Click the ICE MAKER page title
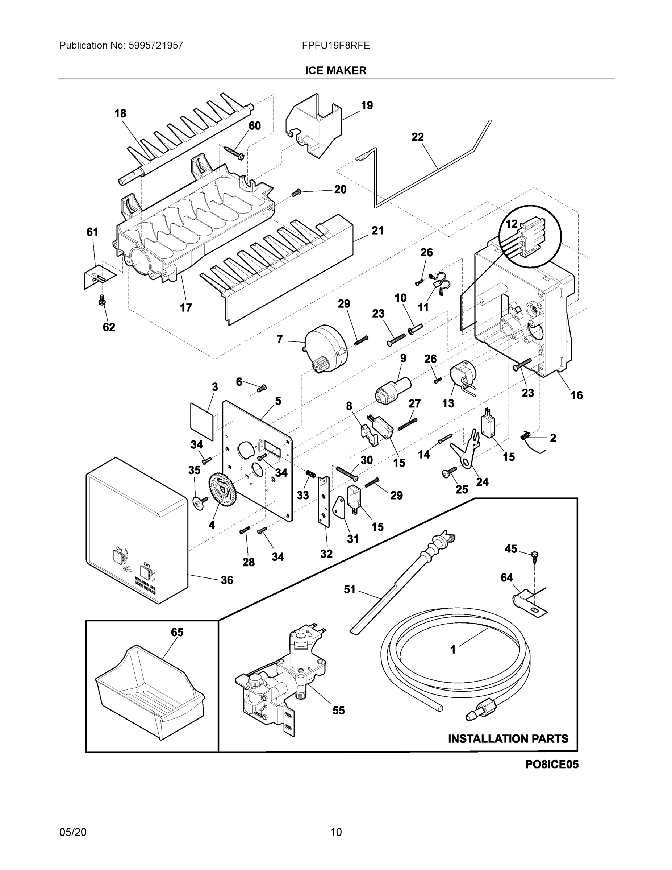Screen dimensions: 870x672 (335, 71)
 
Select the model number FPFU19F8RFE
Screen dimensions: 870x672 (335, 45)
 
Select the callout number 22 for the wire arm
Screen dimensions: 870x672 (417, 137)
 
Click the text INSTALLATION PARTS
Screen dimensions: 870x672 (508, 738)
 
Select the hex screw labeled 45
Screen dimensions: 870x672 (535, 555)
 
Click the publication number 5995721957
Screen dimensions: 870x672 (155, 45)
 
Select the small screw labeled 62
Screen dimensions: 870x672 (101, 299)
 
